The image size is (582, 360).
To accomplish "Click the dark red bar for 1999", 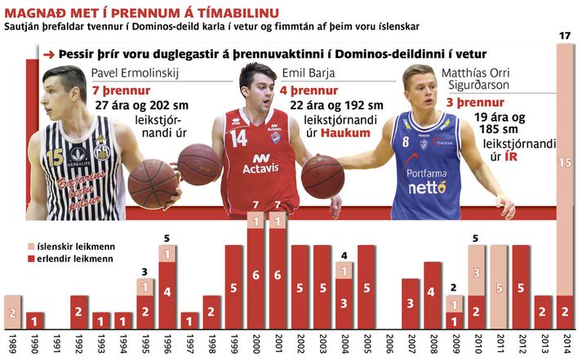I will (233, 287).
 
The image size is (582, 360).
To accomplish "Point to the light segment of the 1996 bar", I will (167, 255).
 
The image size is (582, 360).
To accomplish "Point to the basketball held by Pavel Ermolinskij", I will (152, 183).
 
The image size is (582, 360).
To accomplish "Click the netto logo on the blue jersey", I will (429, 187).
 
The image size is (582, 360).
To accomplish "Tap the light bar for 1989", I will (12, 312).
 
